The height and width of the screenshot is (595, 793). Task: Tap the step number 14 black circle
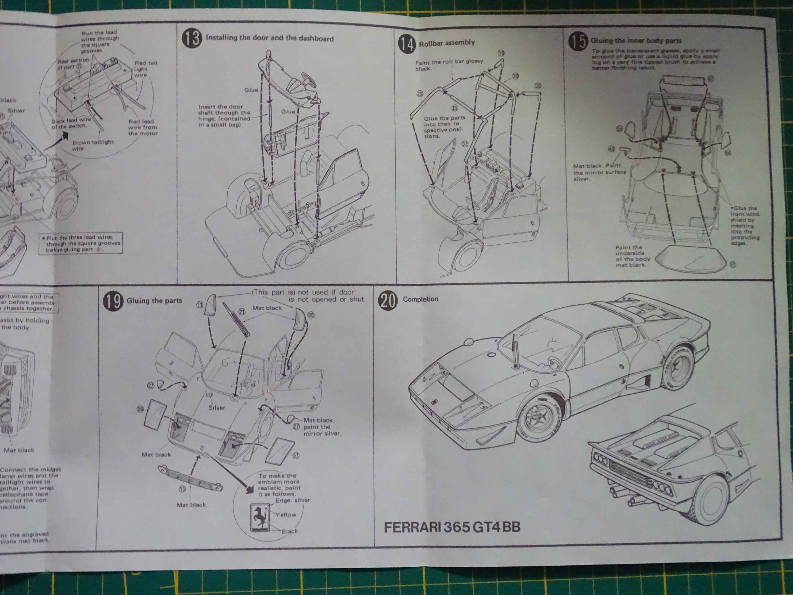point(407,44)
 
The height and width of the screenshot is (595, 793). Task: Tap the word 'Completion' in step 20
point(420,299)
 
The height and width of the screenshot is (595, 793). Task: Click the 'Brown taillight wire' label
point(93,145)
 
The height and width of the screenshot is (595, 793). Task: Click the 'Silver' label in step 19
point(217,408)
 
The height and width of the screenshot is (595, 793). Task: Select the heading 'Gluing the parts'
point(154,300)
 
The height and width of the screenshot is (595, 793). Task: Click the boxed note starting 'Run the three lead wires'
point(81,243)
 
